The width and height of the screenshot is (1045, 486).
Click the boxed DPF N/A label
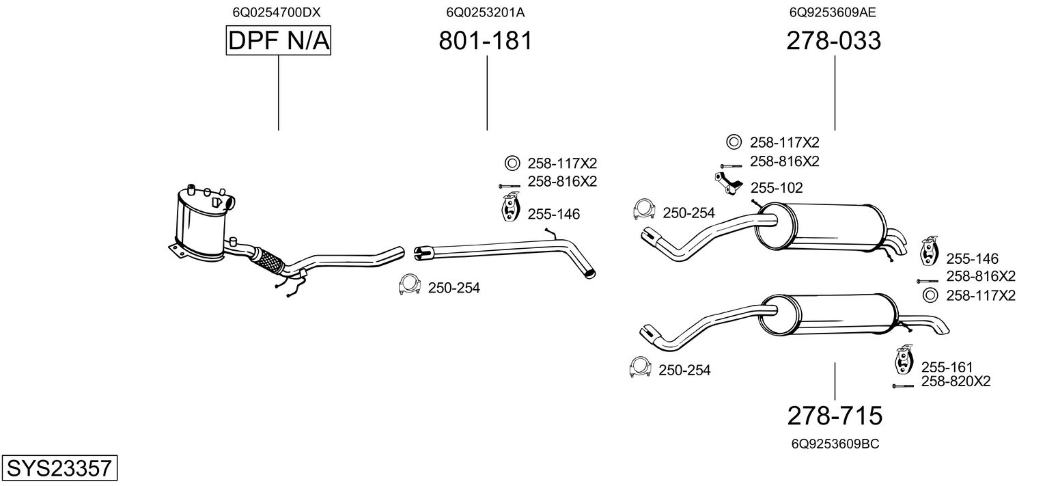click(x=278, y=42)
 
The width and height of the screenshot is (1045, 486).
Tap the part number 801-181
click(x=485, y=42)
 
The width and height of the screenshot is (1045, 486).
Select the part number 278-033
click(x=833, y=42)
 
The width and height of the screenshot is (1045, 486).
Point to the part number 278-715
click(x=835, y=415)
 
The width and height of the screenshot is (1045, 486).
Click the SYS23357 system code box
click(x=59, y=468)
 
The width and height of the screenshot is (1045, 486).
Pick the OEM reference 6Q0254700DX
click(x=277, y=12)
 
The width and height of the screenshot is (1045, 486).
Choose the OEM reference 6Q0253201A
click(x=485, y=12)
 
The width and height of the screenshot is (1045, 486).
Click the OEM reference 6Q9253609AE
click(x=833, y=12)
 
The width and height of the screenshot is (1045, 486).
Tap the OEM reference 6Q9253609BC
click(x=835, y=444)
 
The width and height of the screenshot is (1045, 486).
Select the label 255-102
click(x=777, y=188)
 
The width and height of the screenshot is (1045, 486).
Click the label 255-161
click(x=947, y=367)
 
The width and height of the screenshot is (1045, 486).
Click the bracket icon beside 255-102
click(x=729, y=185)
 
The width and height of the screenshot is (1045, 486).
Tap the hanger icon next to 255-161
click(x=904, y=361)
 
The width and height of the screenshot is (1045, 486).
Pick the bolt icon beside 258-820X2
click(x=903, y=386)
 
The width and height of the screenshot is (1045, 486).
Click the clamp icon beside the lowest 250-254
click(x=640, y=367)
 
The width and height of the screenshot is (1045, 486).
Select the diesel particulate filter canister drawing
click(x=201, y=222)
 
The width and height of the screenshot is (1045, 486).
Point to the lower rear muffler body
click(x=830, y=318)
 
